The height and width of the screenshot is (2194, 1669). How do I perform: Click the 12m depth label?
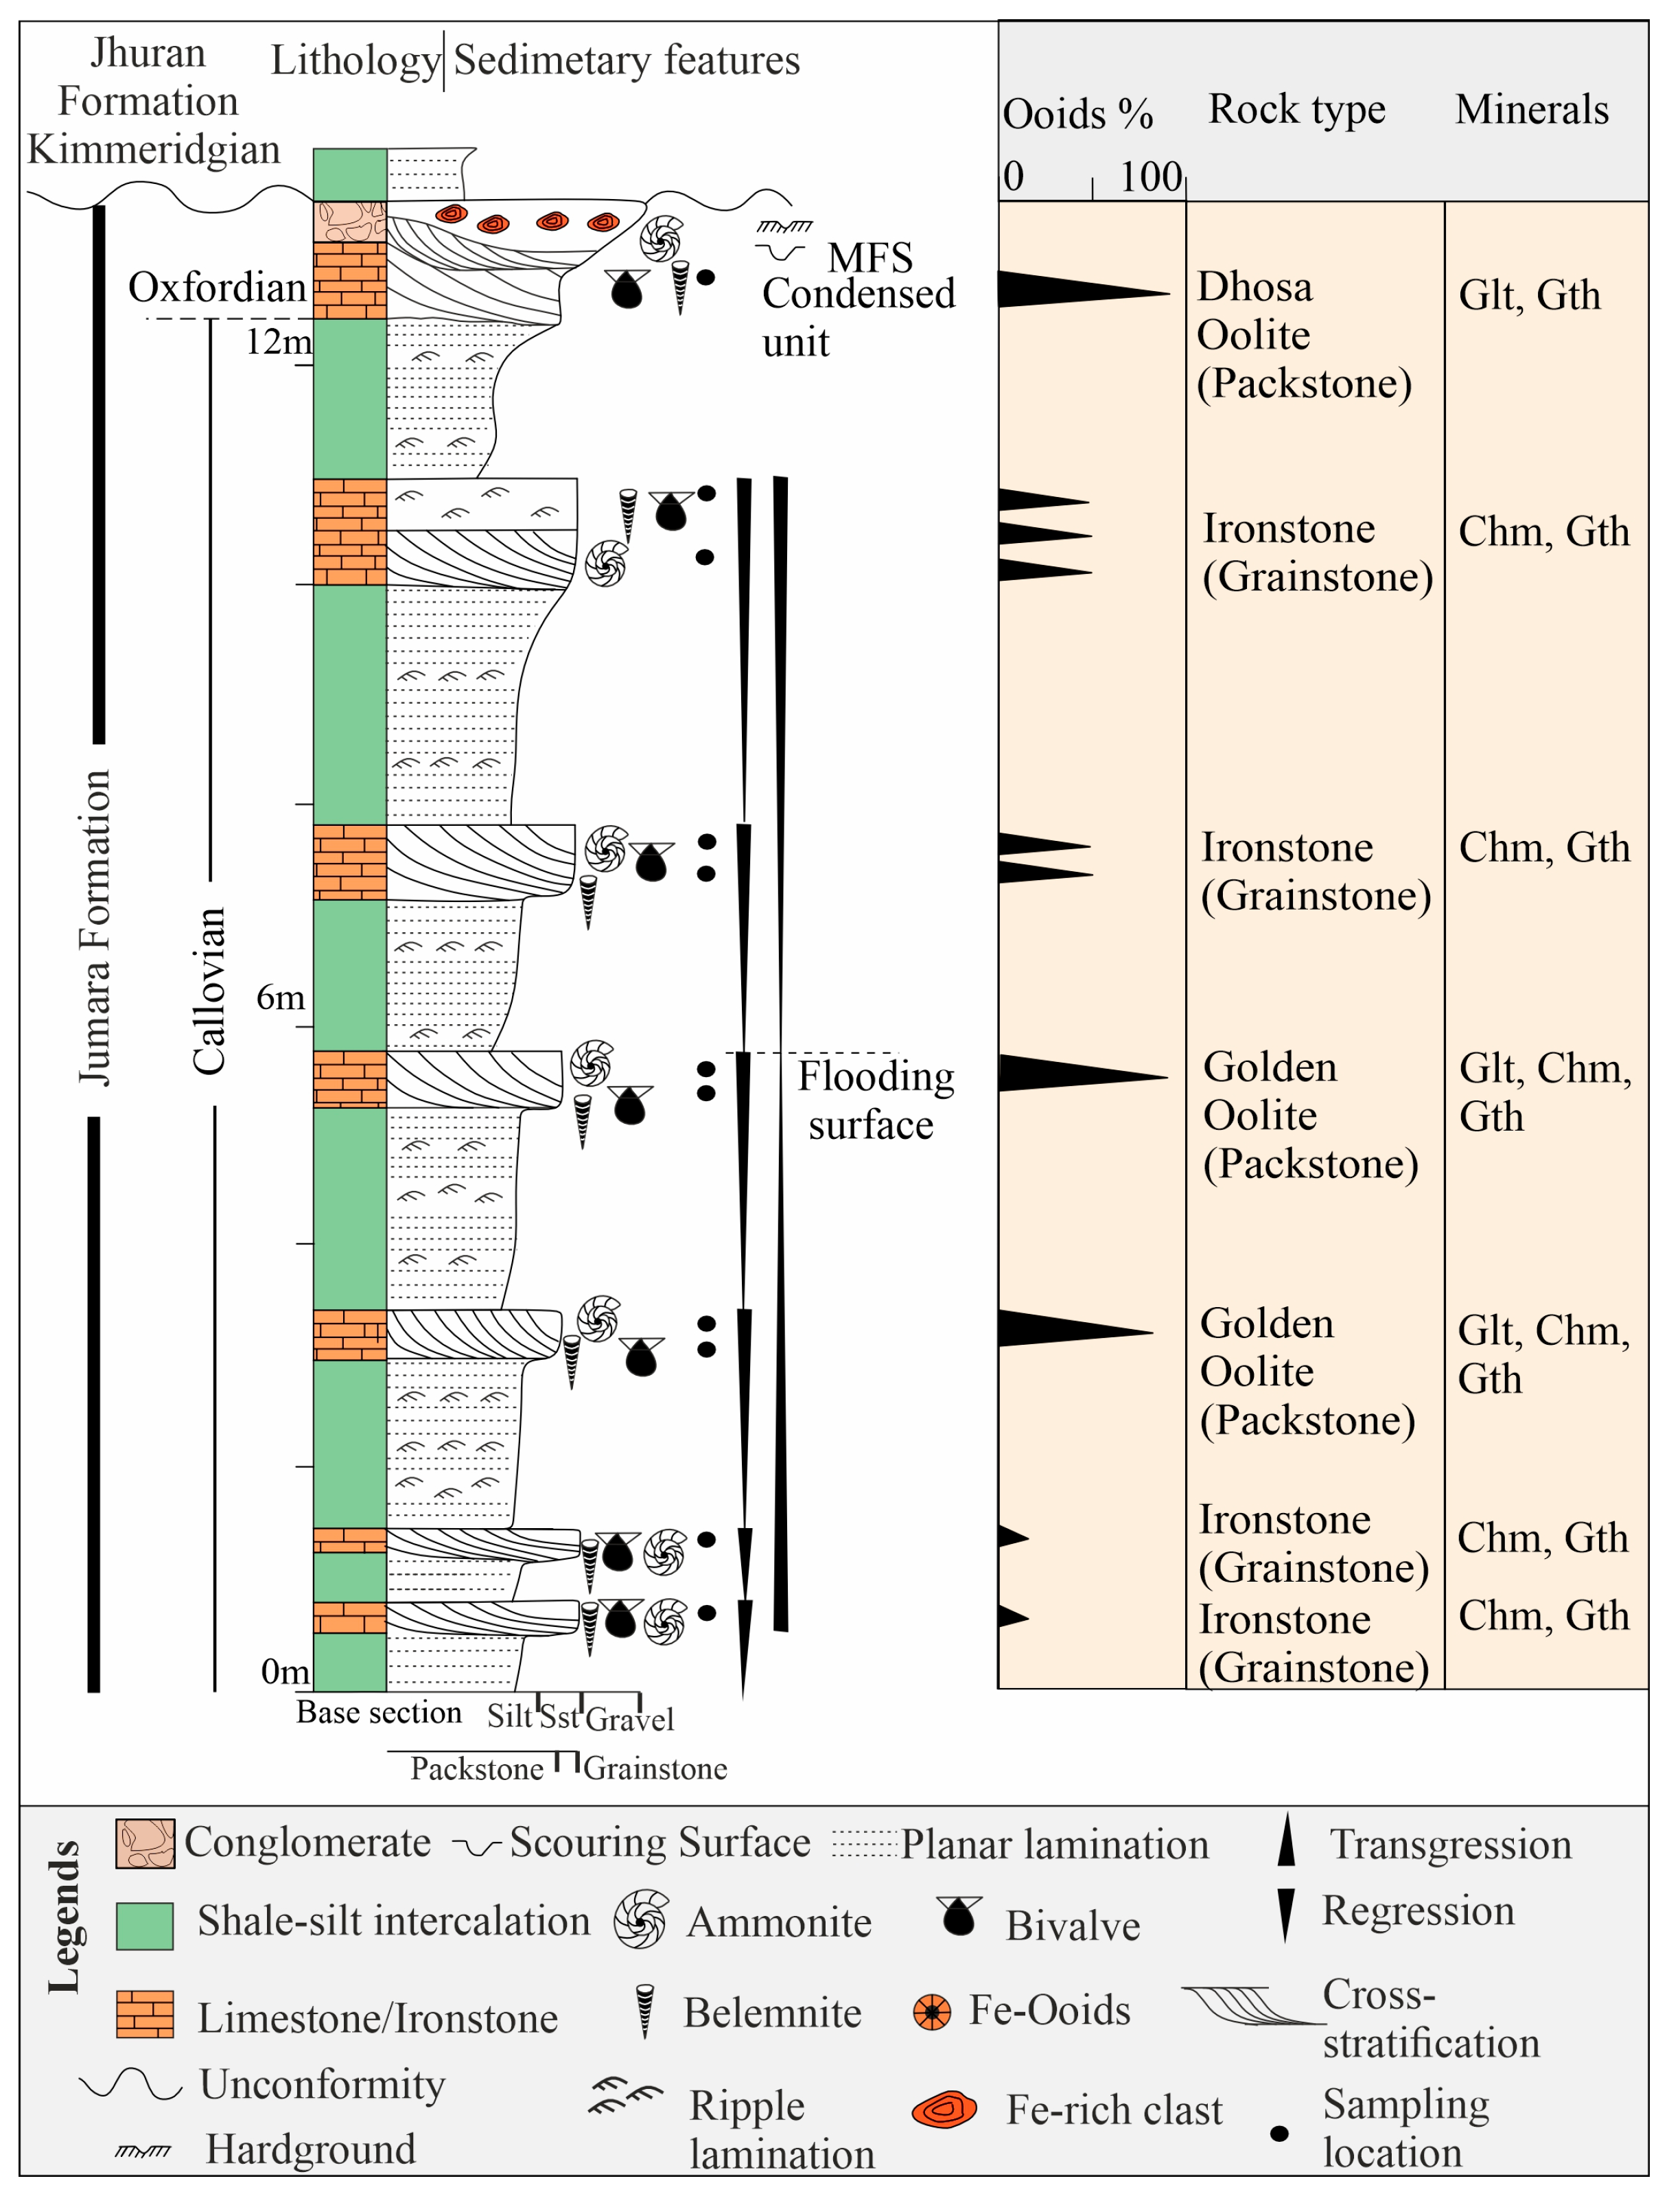(278, 342)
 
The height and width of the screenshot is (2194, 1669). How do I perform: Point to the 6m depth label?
(280, 997)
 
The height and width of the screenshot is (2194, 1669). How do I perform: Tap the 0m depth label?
(284, 1672)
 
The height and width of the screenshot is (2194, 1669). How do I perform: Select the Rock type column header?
(1296, 108)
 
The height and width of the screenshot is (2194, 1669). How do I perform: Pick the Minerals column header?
(1531, 109)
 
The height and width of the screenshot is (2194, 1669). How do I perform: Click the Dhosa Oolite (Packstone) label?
(1303, 335)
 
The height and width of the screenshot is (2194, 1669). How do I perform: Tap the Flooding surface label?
(875, 1100)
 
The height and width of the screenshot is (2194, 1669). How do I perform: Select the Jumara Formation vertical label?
(95, 927)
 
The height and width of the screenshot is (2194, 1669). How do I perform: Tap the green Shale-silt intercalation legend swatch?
(145, 1926)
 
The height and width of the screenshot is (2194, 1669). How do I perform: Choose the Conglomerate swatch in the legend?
(145, 1844)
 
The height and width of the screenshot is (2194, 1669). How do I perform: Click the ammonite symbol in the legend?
(641, 1919)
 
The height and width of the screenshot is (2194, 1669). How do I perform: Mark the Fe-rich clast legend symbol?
(944, 2109)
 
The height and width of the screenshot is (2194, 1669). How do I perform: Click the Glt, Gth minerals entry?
(1529, 295)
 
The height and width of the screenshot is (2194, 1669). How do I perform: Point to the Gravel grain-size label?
(629, 1718)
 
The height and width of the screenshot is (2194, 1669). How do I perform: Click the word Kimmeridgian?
(154, 149)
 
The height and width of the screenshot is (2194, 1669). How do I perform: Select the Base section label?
(379, 1712)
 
